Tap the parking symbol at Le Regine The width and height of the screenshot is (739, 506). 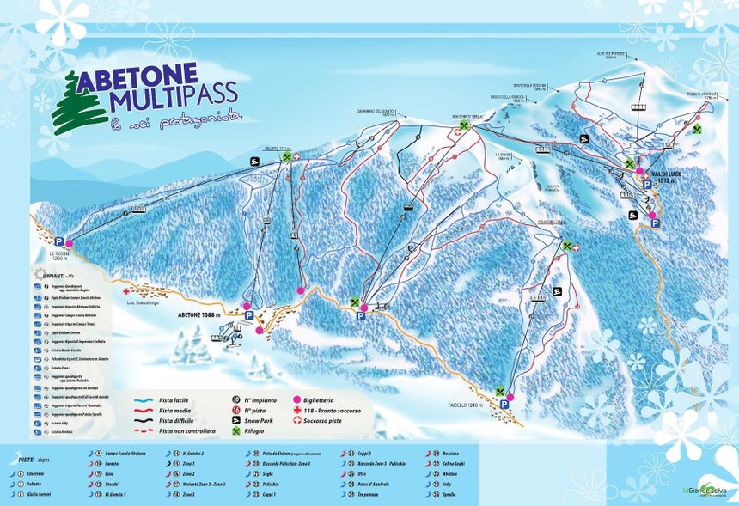[58, 242]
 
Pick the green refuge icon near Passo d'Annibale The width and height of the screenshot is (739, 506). [697, 130]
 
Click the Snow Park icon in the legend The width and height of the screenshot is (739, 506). [236, 421]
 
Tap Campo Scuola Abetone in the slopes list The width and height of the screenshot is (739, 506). [125, 453]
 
